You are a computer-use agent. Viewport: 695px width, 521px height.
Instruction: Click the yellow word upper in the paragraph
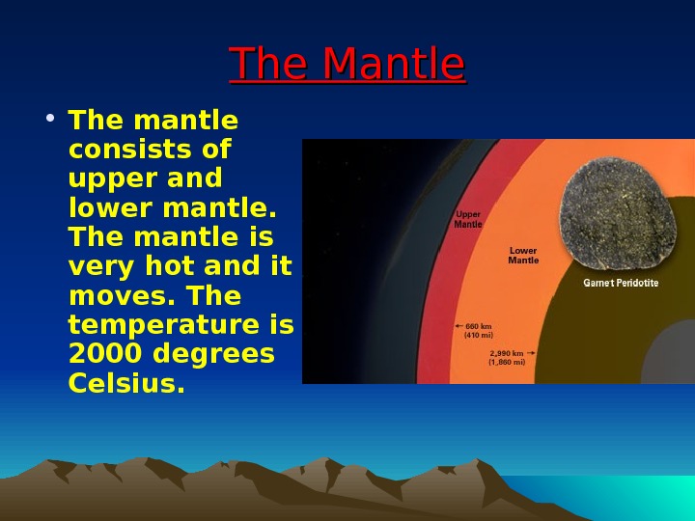(105, 179)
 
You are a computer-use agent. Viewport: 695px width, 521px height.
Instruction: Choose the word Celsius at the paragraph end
(126, 383)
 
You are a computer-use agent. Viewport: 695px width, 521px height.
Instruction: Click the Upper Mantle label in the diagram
(468, 219)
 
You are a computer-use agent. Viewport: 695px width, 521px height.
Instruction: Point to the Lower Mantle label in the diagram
(523, 256)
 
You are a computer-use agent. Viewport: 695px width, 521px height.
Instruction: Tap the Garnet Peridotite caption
(622, 284)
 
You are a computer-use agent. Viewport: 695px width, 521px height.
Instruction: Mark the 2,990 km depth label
(507, 358)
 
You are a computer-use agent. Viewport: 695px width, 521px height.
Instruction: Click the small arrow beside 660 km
(459, 326)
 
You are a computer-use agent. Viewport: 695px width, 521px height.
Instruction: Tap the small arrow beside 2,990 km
(533, 354)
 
